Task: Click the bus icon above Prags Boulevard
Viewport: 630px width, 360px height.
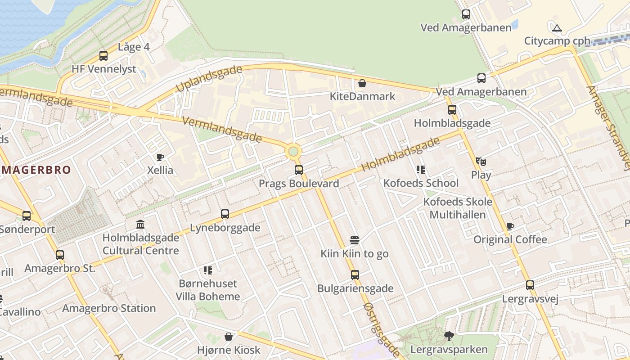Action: point(299,170)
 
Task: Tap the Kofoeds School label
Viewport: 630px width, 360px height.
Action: point(421,183)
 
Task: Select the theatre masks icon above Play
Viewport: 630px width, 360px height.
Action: point(481,161)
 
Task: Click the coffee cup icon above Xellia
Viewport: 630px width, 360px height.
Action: point(160,157)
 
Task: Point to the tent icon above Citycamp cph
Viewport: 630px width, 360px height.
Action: point(557,28)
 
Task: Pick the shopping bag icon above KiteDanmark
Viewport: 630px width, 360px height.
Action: point(362,83)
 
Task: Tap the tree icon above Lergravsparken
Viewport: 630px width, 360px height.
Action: point(449,336)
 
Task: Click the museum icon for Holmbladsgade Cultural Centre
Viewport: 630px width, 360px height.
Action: point(140,224)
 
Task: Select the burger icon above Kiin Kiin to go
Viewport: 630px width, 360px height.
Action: point(355,240)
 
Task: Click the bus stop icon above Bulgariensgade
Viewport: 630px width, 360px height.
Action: point(355,274)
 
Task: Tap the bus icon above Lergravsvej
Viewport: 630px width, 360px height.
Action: point(530,285)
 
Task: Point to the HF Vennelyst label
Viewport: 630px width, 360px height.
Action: point(103,69)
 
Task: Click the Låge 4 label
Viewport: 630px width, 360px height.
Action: point(134,47)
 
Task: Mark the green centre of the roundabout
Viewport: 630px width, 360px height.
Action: point(293,151)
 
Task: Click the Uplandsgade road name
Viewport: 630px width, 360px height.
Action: point(209,79)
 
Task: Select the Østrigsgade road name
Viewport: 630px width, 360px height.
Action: point(381,330)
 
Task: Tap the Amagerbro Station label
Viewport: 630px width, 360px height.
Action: point(109,308)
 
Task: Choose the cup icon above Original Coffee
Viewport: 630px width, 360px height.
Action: point(510,226)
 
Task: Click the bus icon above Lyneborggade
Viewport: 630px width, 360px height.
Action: point(225,214)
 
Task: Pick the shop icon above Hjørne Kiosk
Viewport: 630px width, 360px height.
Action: point(229,337)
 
